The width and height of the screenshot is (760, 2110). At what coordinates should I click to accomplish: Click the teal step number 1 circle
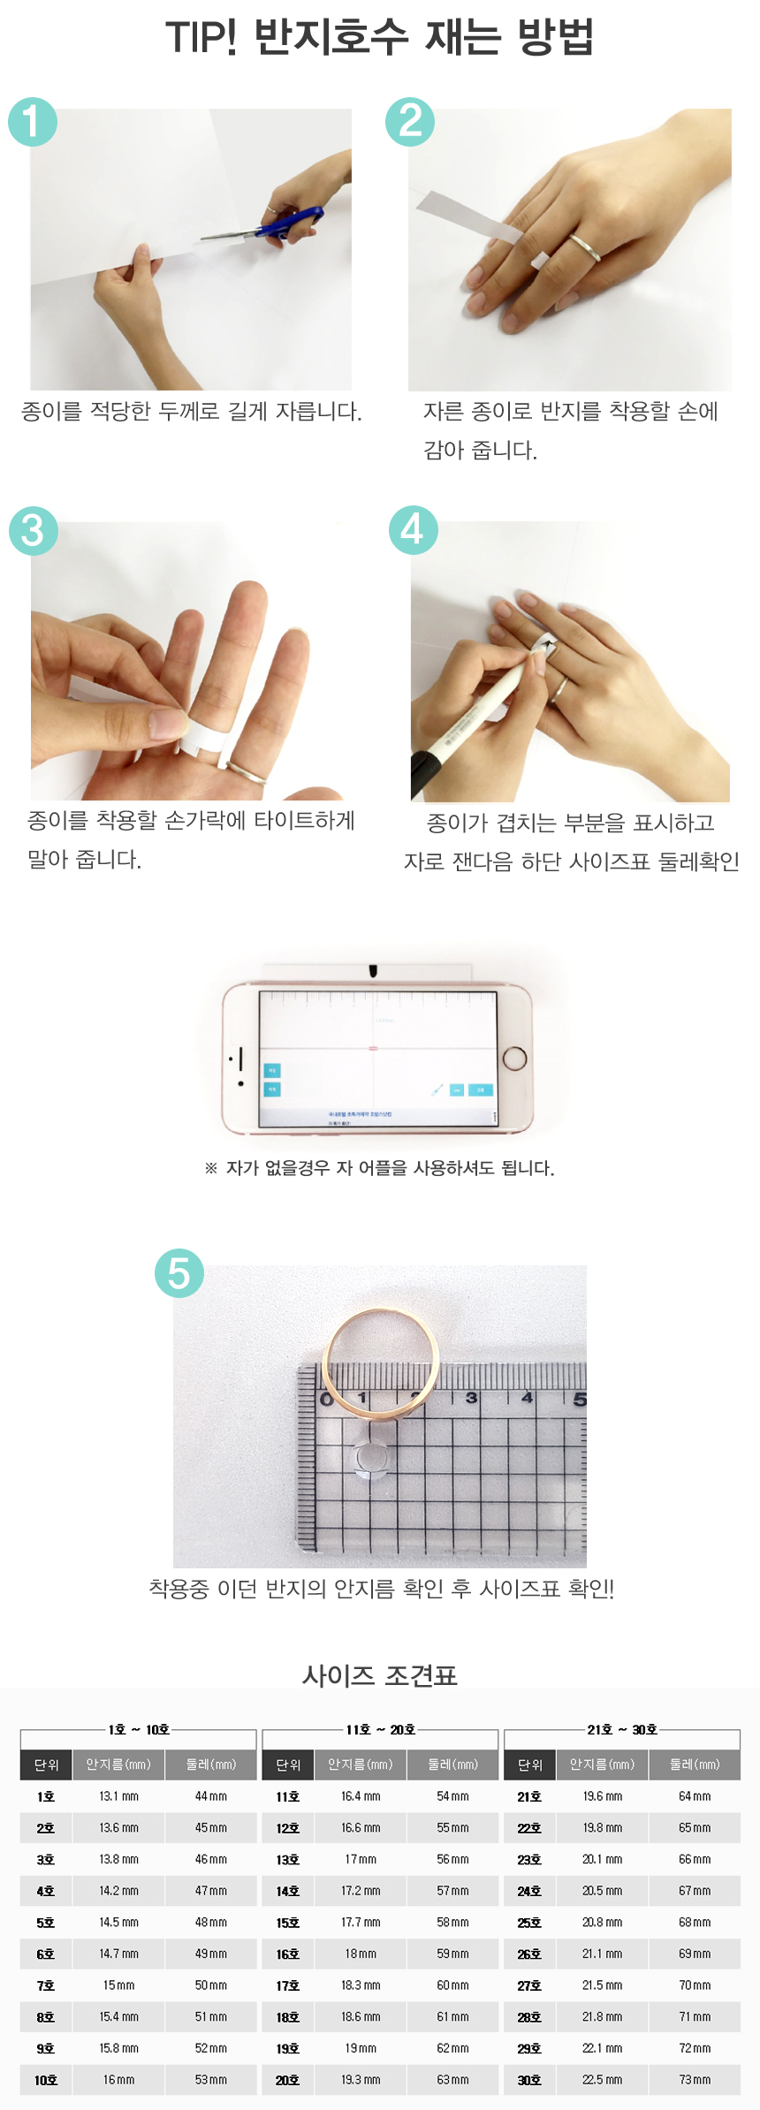coord(33,122)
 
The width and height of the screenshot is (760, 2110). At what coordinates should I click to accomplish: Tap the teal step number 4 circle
coord(413,530)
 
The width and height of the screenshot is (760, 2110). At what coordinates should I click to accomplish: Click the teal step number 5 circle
coord(179,1273)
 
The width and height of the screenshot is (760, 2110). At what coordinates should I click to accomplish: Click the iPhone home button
coord(513,1059)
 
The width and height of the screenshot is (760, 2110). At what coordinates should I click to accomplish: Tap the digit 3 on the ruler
coord(471,1398)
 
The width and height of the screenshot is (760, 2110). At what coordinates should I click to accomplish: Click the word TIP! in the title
coord(201,38)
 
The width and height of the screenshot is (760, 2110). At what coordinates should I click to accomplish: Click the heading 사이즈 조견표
coord(379,1674)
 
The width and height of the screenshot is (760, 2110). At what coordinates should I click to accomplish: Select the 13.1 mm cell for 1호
coord(118,1796)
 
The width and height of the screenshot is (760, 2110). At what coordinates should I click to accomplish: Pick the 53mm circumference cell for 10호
coord(210,2080)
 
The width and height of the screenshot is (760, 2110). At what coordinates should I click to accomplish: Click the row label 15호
coord(287,1923)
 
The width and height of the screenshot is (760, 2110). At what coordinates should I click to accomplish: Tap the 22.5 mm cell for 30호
coord(602,2080)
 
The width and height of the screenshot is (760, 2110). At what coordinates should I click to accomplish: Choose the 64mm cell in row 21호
coord(694,1796)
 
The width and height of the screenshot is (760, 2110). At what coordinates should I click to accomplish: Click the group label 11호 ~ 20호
coord(380,1729)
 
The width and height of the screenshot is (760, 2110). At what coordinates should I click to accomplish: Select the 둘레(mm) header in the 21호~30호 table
coord(694,1765)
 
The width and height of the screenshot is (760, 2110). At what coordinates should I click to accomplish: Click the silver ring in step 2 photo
coord(585,247)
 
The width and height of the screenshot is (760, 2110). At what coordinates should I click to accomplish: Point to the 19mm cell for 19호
coord(361,2048)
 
